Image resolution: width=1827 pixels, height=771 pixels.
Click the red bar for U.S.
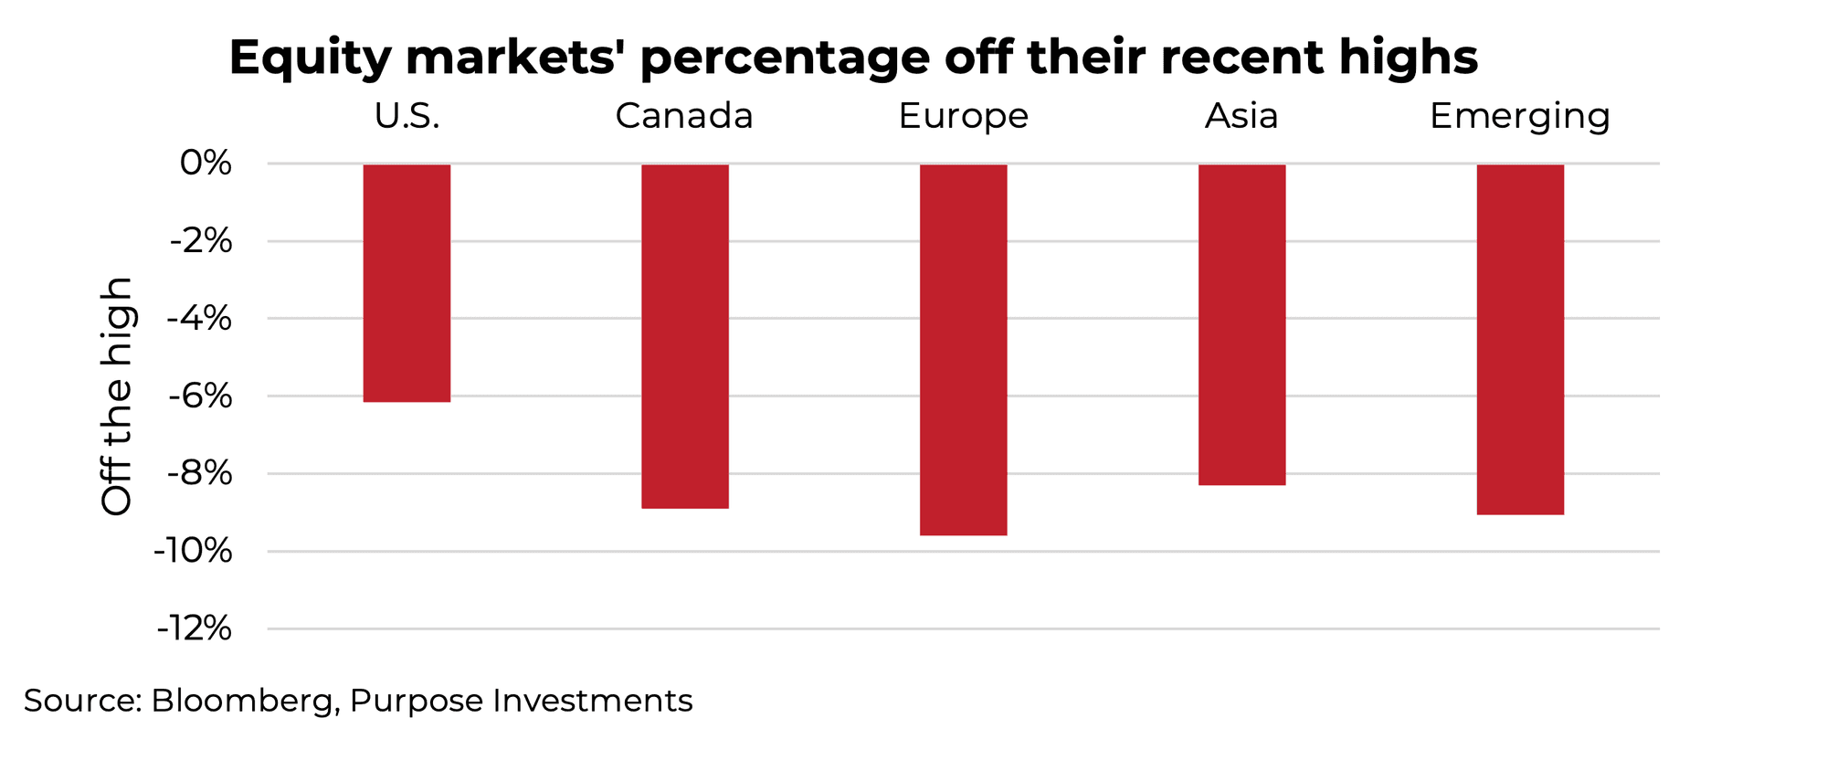(x=407, y=283)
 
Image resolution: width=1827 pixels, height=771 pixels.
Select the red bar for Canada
(x=685, y=336)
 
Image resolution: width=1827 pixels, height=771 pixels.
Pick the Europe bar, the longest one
(x=963, y=350)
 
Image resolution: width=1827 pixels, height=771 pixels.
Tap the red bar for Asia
(x=1241, y=324)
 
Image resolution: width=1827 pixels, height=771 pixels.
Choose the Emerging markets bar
(x=1520, y=339)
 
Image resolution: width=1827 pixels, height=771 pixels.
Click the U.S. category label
(x=407, y=116)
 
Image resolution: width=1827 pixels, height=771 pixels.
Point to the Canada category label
(x=684, y=116)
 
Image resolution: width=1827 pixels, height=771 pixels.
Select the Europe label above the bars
(x=963, y=116)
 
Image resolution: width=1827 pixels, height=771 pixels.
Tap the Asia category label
(x=1241, y=116)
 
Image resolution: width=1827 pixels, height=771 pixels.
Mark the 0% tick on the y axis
(x=206, y=164)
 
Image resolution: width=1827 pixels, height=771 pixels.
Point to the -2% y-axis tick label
(x=200, y=241)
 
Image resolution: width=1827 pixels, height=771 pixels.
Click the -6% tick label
(x=200, y=396)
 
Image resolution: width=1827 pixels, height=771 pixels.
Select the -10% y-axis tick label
(x=193, y=551)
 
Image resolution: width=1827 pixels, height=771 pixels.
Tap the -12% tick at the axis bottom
(x=193, y=628)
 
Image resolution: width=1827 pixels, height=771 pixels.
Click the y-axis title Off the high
(x=117, y=396)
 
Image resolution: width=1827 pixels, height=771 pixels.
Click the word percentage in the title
(x=785, y=58)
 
